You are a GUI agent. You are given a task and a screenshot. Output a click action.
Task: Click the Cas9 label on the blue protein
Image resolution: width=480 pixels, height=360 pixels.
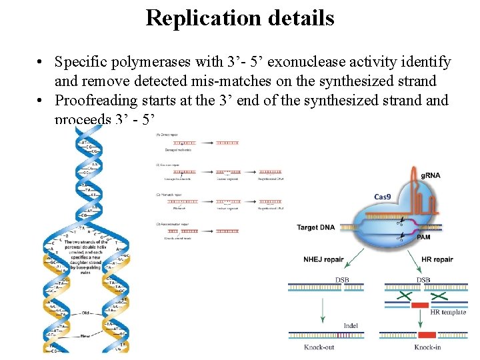tap(382, 197)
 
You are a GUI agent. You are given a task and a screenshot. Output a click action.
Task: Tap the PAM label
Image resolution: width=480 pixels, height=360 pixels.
tap(424, 237)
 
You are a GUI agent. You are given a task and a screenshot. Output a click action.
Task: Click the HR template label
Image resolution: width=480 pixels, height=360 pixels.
tap(448, 312)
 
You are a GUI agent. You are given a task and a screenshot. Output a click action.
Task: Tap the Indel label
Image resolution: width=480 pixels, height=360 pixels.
tap(351, 326)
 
